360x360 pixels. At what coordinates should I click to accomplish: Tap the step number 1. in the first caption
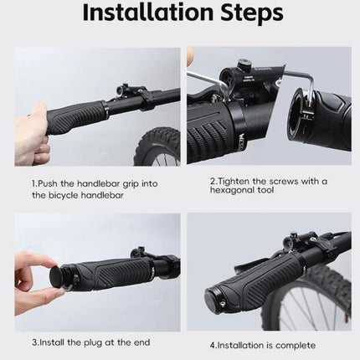click(35, 183)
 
